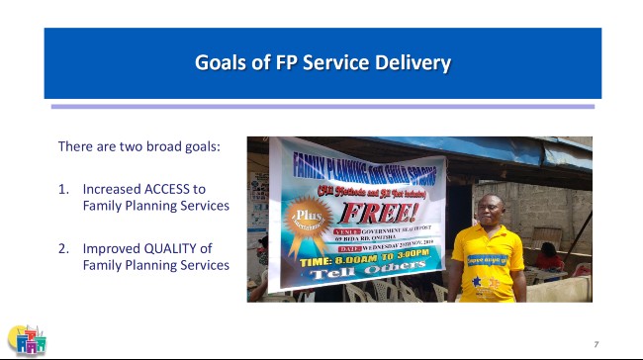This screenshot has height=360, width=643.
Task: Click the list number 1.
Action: coord(62,188)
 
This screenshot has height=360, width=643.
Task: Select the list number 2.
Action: coord(62,247)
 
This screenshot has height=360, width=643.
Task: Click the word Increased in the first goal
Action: coord(110,188)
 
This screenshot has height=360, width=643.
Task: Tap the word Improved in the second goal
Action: coord(110,247)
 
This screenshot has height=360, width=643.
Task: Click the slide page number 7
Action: coord(596,342)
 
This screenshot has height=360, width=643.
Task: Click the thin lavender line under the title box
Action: coord(322,106)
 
